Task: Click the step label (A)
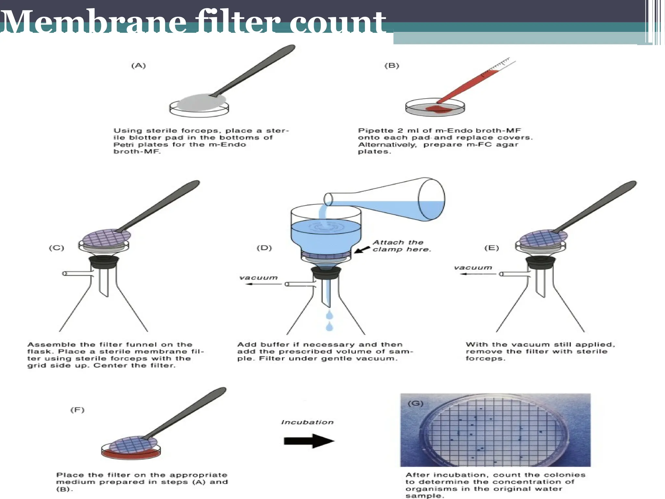(x=138, y=66)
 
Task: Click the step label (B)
(x=392, y=66)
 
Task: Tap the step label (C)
(x=56, y=248)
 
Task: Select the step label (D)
(x=264, y=248)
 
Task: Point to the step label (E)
(x=491, y=248)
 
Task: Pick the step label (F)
(x=77, y=410)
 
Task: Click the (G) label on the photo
(x=415, y=403)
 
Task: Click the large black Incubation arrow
(x=308, y=441)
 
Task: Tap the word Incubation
(x=307, y=422)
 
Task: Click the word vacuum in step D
(x=258, y=278)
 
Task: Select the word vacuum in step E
(x=473, y=268)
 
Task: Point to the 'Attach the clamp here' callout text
(x=401, y=246)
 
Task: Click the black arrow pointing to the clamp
(x=362, y=249)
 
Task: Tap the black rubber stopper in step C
(x=104, y=262)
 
